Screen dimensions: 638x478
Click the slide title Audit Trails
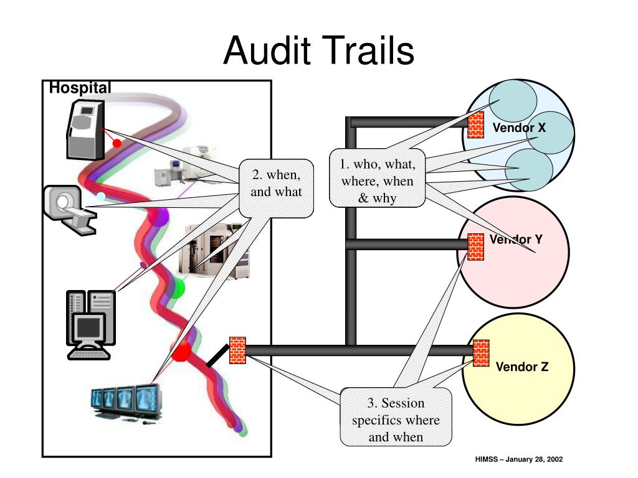318,50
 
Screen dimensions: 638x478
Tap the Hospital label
80,87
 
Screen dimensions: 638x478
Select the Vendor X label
519,128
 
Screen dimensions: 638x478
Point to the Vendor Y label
516,239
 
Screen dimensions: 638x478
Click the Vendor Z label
522,367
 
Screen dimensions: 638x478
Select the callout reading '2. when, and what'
276,188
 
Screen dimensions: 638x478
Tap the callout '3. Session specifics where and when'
396,417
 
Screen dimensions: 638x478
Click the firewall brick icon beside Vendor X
475,125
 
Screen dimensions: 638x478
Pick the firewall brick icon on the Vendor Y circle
475,246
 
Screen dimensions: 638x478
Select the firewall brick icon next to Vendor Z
481,354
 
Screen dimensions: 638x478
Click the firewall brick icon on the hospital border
237,350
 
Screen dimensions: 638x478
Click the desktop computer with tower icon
91,325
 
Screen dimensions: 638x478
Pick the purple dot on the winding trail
158,217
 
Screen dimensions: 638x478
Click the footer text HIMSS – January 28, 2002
519,459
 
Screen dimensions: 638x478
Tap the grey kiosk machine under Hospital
86,129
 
